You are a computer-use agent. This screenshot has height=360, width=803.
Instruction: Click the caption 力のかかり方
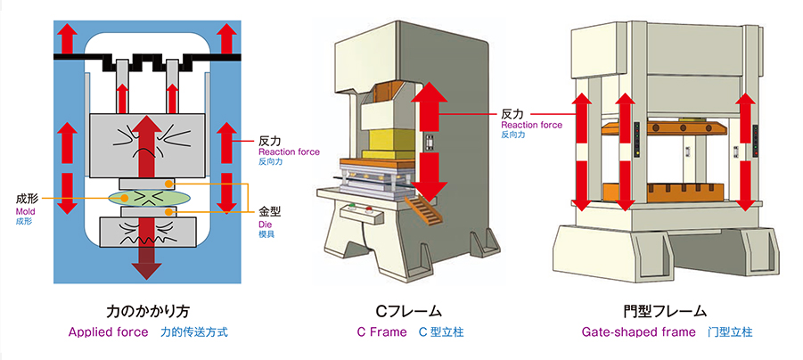[x=149, y=311]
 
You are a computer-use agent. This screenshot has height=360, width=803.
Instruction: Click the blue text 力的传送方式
[x=194, y=332]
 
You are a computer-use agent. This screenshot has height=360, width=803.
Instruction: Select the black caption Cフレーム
[x=407, y=311]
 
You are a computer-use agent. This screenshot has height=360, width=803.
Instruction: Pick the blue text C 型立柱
[x=441, y=332]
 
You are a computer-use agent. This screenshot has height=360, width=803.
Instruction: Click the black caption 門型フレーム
[x=664, y=311]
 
